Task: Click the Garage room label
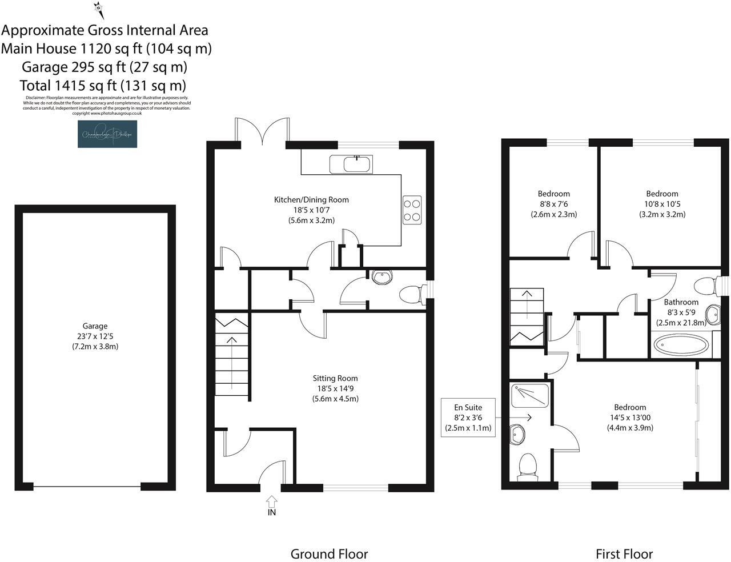tap(95, 326)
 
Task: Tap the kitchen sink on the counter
tap(351, 164)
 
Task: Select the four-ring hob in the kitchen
tap(412, 210)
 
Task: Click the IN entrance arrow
tap(271, 505)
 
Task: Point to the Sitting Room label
tap(335, 378)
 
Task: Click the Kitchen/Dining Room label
tap(311, 200)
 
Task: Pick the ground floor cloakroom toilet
tap(410, 295)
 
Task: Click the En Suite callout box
tap(468, 418)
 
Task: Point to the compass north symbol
tap(98, 9)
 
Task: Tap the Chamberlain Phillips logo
tap(107, 134)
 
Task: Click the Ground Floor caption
tap(329, 553)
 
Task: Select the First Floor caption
tap(624, 553)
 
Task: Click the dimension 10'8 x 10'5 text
tap(662, 204)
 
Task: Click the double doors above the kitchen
tap(263, 130)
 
